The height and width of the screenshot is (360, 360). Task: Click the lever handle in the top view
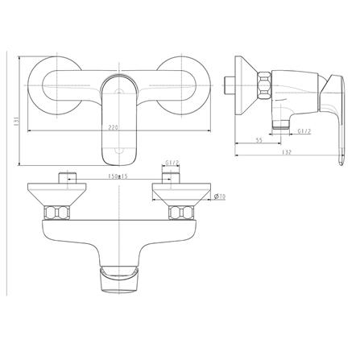coord(118,117)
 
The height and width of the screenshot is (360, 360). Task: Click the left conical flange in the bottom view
coord(52,194)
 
